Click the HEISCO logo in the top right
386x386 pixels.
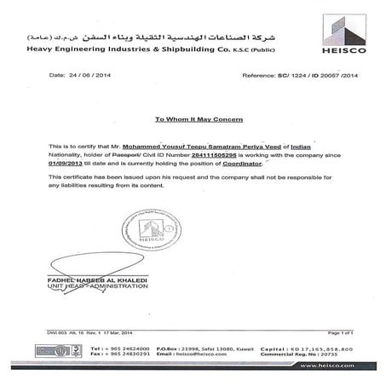coord(345,32)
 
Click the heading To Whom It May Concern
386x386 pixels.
coord(193,120)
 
